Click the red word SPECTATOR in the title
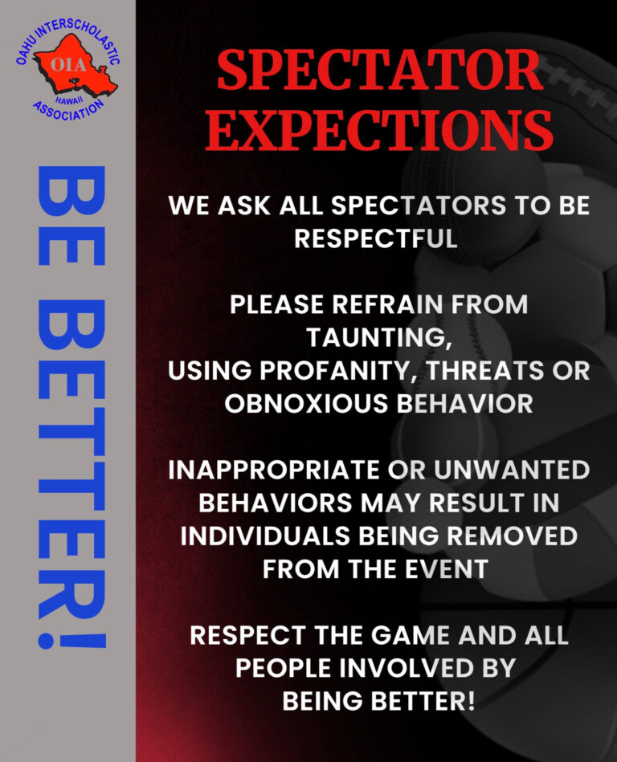point(380,70)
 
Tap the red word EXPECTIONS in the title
point(379,128)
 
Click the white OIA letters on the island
point(68,64)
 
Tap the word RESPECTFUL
point(376,238)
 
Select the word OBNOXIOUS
point(306,404)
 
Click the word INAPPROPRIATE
point(274,470)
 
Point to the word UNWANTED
point(512,470)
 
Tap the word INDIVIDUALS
point(265,536)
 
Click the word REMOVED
point(512,536)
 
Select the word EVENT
point(447,569)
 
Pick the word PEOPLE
point(284,669)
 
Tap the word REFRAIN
point(387,304)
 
